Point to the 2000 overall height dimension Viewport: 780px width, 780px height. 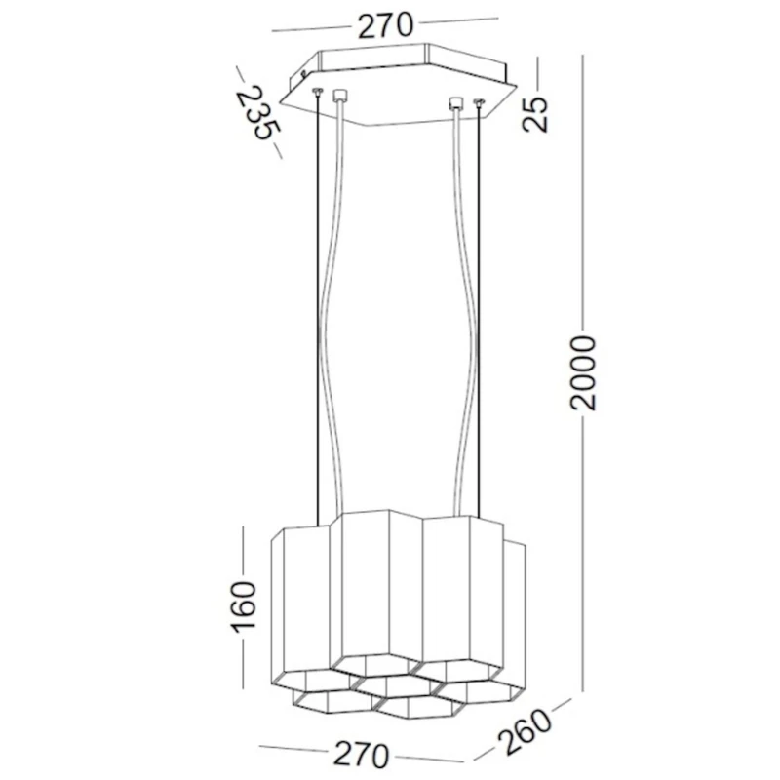click(x=582, y=371)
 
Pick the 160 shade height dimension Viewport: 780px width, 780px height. click(x=243, y=605)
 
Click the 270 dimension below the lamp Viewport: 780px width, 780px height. click(x=362, y=754)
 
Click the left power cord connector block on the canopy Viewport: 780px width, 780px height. click(x=339, y=97)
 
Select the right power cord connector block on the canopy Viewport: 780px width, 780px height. click(x=454, y=101)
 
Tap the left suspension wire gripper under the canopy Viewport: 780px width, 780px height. click(x=318, y=93)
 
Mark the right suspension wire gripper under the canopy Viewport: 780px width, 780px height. click(x=478, y=102)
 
